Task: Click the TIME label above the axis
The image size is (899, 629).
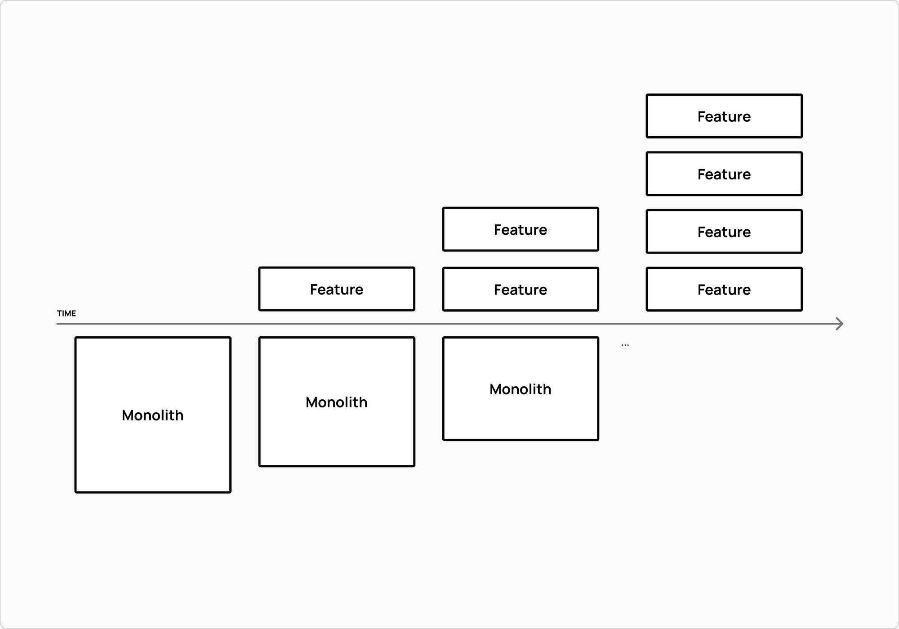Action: pos(67,313)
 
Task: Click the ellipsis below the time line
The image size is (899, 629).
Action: pos(625,345)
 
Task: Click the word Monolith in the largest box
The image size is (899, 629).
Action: pos(153,415)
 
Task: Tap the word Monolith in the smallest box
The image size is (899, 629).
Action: pos(521,389)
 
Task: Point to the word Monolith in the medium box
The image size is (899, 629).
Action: pos(337,402)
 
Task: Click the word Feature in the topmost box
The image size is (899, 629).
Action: pos(724,116)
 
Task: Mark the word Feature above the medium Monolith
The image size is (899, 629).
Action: pos(337,289)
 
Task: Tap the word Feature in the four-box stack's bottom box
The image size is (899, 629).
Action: pos(724,290)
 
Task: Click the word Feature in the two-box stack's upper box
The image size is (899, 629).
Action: pos(521,230)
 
